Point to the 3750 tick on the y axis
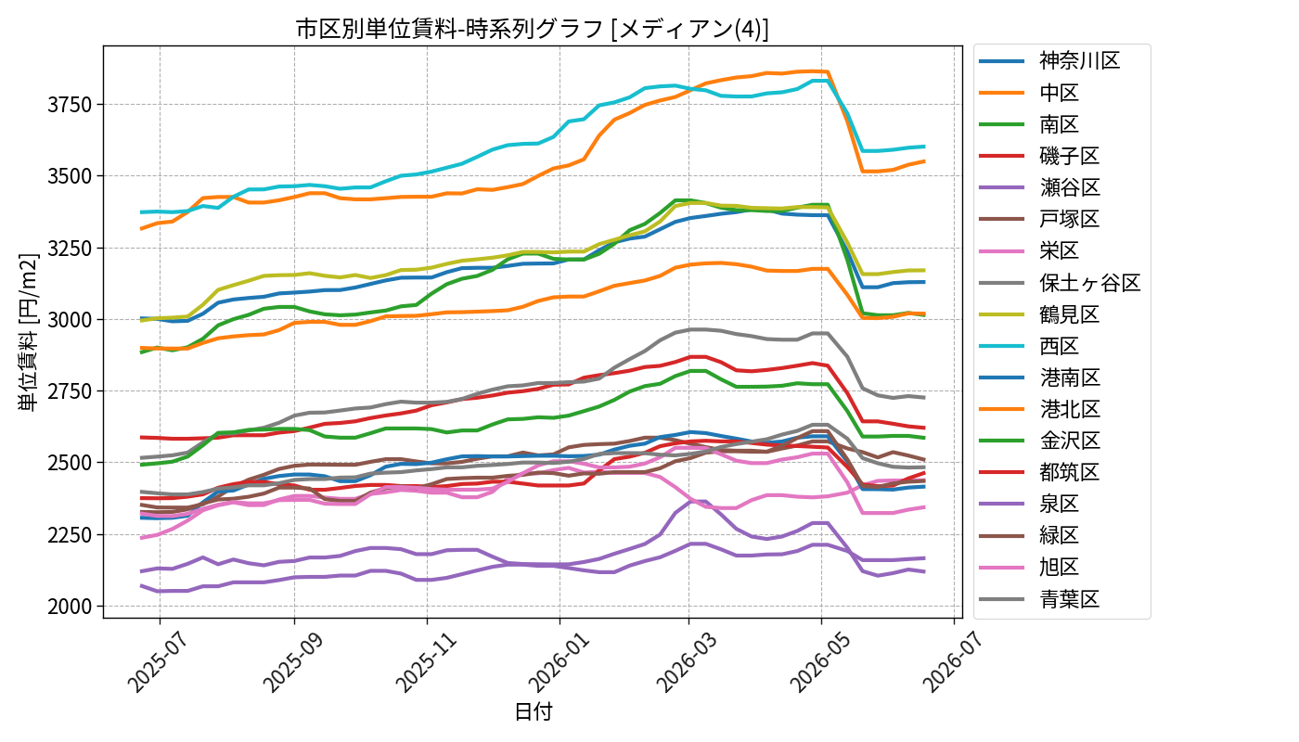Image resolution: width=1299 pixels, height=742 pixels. coord(70,105)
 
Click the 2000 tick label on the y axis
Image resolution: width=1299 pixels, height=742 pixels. coord(70,607)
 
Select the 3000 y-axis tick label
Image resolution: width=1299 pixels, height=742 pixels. coord(70,320)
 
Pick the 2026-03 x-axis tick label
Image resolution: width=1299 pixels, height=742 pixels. coord(687,662)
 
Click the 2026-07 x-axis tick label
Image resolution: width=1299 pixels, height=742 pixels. coord(952,662)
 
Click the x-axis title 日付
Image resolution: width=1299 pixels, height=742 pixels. coord(534,711)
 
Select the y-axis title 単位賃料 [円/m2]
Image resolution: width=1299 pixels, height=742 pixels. coord(28,332)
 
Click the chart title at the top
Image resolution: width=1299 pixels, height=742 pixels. coord(533,29)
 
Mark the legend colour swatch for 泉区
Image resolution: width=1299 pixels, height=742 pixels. coord(1001,504)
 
